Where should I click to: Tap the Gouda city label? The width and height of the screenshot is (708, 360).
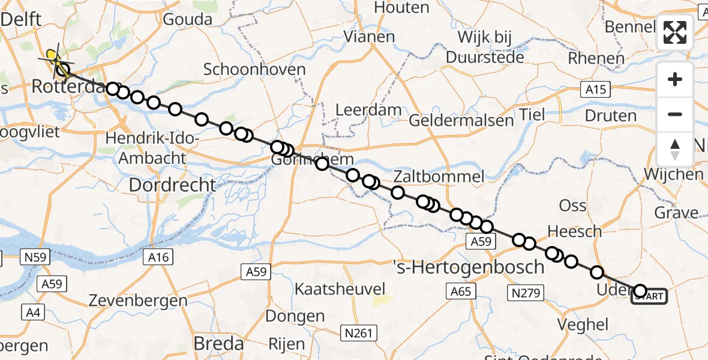187,19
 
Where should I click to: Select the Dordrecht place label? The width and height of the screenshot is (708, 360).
172,185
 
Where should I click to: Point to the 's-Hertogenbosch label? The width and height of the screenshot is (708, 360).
469,267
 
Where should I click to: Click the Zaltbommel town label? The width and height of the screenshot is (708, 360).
439,176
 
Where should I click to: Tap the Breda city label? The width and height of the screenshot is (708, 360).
218,344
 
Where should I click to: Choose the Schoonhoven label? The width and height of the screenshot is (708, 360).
254,69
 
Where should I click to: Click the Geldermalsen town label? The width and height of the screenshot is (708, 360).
461,121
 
